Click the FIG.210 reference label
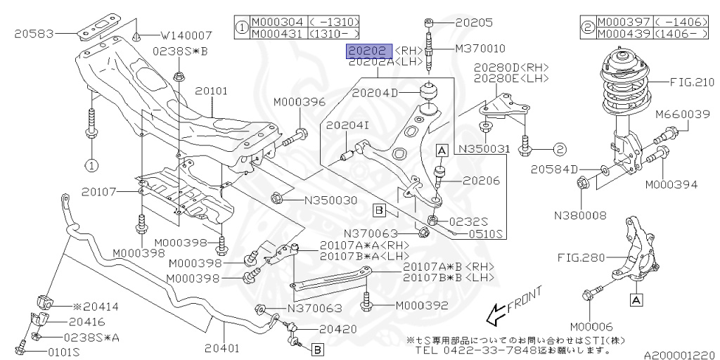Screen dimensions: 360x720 pos(692,82)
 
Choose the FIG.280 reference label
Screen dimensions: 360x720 pos(581,258)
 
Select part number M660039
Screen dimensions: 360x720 pos(681,114)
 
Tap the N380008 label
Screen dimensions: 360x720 pos(580,216)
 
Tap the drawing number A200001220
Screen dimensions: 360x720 pos(678,356)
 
